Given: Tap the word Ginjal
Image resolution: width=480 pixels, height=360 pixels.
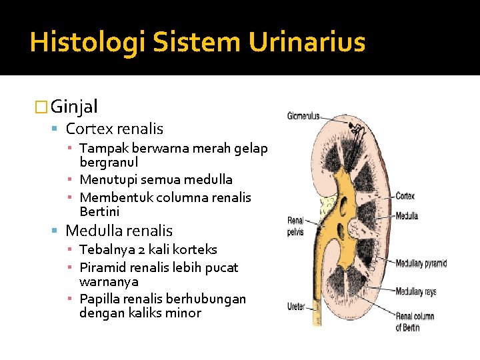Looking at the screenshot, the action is tap(75, 106).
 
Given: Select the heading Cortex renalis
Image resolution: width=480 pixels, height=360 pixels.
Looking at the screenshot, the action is tap(114, 129).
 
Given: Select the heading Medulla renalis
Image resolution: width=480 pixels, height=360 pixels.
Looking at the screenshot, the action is tap(119, 231).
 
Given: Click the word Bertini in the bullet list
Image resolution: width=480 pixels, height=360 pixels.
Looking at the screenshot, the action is tap(99, 211).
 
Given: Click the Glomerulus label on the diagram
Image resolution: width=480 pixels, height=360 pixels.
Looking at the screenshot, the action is tap(303, 115).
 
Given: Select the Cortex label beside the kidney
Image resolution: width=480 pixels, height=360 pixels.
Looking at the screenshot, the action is tap(405, 196).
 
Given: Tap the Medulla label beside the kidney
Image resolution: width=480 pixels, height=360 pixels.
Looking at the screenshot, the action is tap(407, 215).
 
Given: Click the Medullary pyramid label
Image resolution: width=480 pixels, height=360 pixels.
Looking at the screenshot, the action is tap(421, 263).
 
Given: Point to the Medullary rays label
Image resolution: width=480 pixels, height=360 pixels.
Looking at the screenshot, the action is tap(416, 291).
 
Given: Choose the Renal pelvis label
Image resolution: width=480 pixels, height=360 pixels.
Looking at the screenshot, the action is tap(296, 227).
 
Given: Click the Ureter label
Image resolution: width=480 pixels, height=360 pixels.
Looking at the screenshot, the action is tap(297, 307).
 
